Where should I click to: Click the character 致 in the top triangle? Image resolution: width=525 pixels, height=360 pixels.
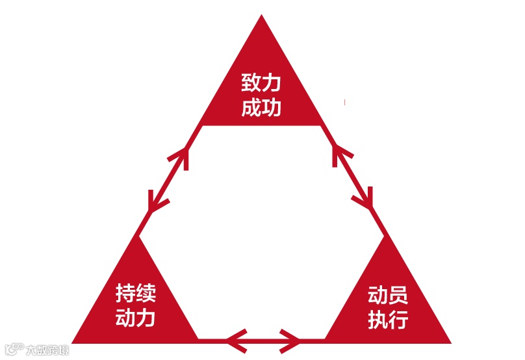point(251,84)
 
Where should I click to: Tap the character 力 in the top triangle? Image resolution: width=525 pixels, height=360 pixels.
point(272,84)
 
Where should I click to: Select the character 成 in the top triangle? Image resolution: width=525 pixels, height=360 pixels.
point(251,106)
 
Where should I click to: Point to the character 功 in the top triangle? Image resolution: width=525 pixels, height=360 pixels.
point(272,106)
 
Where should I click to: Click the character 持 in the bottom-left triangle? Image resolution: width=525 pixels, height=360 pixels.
point(126,293)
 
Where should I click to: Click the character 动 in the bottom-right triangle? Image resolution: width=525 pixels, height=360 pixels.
point(378,296)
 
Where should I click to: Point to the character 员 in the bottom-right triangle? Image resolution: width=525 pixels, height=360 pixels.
point(398,296)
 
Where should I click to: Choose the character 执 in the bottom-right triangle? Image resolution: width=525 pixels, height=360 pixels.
point(378,319)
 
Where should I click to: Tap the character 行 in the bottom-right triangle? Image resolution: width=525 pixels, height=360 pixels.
point(398,319)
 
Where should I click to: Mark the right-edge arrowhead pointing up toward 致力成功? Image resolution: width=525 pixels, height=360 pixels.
point(340,155)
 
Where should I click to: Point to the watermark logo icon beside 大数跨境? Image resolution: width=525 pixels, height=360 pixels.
point(15,350)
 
